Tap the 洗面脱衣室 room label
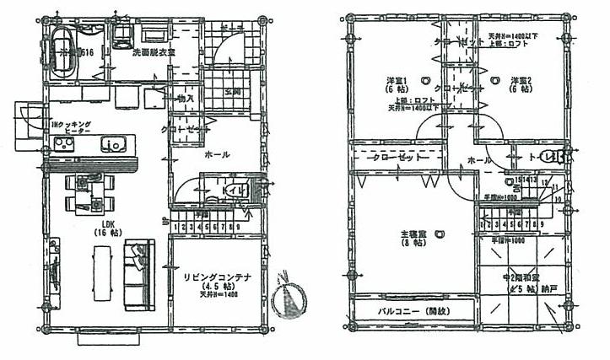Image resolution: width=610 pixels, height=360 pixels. point(154,52)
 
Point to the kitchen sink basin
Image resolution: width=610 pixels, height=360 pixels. point(114,144)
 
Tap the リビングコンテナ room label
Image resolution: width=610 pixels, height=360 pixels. point(215,275)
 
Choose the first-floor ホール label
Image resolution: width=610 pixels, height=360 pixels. point(218,155)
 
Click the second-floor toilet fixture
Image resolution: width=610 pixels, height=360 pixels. point(551,156)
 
